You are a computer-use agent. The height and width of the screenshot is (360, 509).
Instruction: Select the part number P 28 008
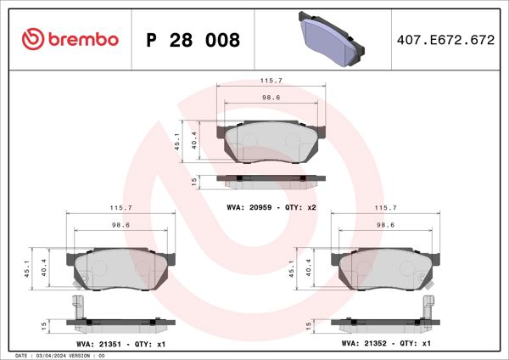pyautogui.click(x=193, y=40)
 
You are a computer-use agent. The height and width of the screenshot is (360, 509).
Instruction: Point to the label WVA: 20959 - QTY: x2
pyautogui.click(x=271, y=206)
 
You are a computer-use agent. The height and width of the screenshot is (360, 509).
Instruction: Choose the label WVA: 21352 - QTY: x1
pyautogui.click(x=386, y=343)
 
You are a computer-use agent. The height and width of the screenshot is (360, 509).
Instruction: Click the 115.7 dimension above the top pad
pyautogui.click(x=271, y=81)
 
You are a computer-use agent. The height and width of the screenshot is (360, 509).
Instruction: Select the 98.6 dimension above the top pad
pyautogui.click(x=271, y=98)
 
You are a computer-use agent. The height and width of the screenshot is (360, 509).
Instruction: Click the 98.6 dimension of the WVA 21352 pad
pyautogui.click(x=386, y=225)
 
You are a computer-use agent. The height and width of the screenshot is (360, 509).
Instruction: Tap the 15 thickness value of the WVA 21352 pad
pyautogui.click(x=310, y=324)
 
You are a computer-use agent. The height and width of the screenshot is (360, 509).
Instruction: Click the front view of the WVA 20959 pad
pyautogui.click(x=271, y=142)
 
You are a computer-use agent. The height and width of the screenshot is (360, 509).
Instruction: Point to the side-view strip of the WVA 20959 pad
pyautogui.click(x=271, y=179)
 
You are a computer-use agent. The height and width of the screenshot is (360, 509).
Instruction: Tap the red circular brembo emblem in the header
pyautogui.click(x=32, y=39)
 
